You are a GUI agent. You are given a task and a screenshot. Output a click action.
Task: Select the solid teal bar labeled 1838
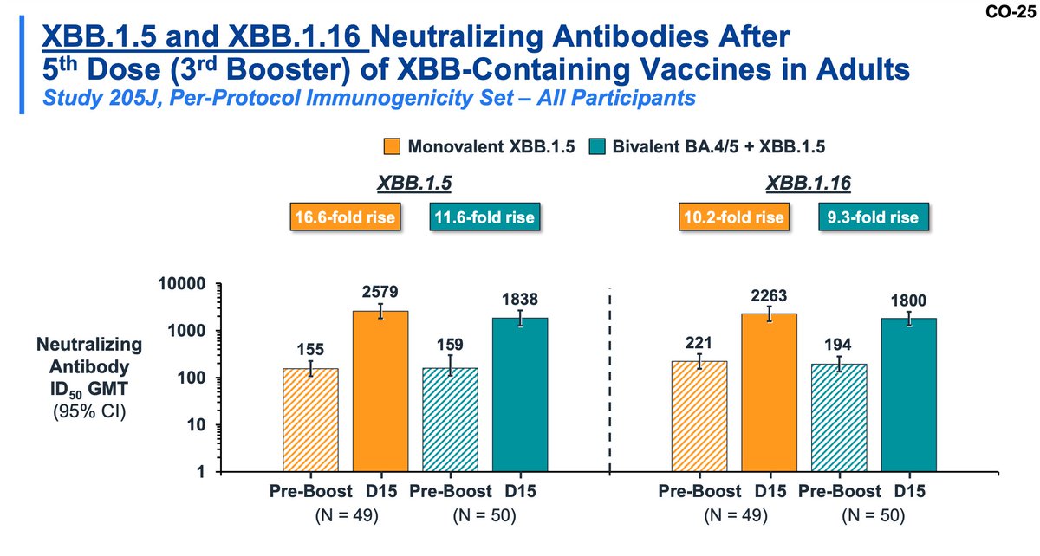[520, 395]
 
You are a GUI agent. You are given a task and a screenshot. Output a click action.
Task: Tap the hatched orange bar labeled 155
[310, 420]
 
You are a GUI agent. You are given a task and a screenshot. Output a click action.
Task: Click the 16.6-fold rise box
[345, 217]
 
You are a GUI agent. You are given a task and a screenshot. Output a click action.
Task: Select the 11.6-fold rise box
[483, 217]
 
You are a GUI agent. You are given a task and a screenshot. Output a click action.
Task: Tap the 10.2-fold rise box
[734, 217]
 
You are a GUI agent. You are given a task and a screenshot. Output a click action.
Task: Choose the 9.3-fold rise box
[872, 217]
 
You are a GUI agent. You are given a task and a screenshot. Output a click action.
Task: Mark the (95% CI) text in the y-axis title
[89, 412]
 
